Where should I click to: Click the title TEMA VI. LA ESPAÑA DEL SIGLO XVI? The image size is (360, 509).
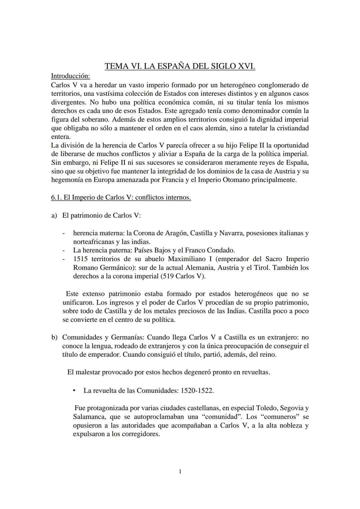[180, 66]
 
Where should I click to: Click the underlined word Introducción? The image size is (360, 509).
[70, 76]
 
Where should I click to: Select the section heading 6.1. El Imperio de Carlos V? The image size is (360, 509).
[121, 198]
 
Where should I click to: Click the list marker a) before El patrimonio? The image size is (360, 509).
[54, 216]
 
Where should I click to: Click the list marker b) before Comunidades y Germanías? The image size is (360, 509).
[54, 337]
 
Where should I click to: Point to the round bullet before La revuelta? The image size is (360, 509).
[75, 390]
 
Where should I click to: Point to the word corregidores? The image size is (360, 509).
[140, 434]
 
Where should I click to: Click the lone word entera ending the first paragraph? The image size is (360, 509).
[61, 137]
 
